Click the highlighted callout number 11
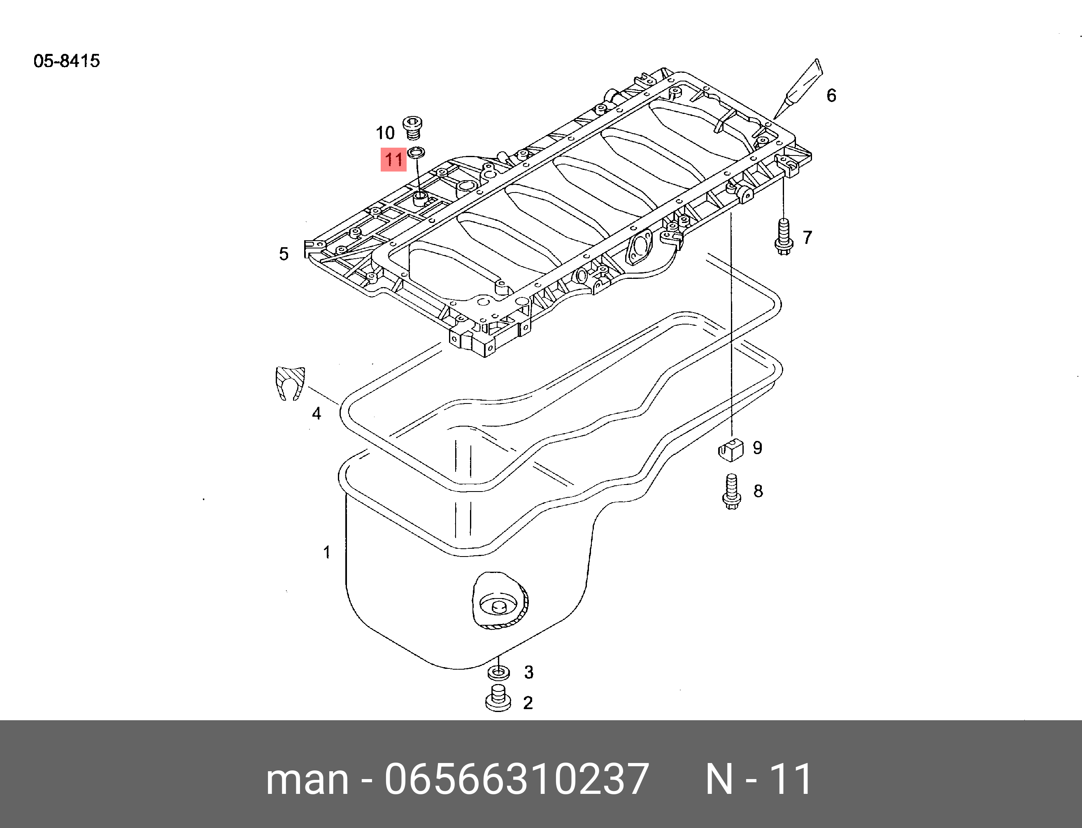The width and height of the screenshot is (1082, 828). (393, 160)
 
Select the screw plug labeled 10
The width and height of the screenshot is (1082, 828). (412, 127)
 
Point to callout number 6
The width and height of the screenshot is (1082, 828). (831, 95)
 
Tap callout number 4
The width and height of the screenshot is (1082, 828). (316, 413)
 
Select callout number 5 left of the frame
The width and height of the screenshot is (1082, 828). (284, 254)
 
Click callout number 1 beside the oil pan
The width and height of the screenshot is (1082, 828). (326, 552)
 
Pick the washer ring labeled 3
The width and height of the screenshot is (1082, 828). (498, 672)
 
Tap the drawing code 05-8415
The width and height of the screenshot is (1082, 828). (67, 61)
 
